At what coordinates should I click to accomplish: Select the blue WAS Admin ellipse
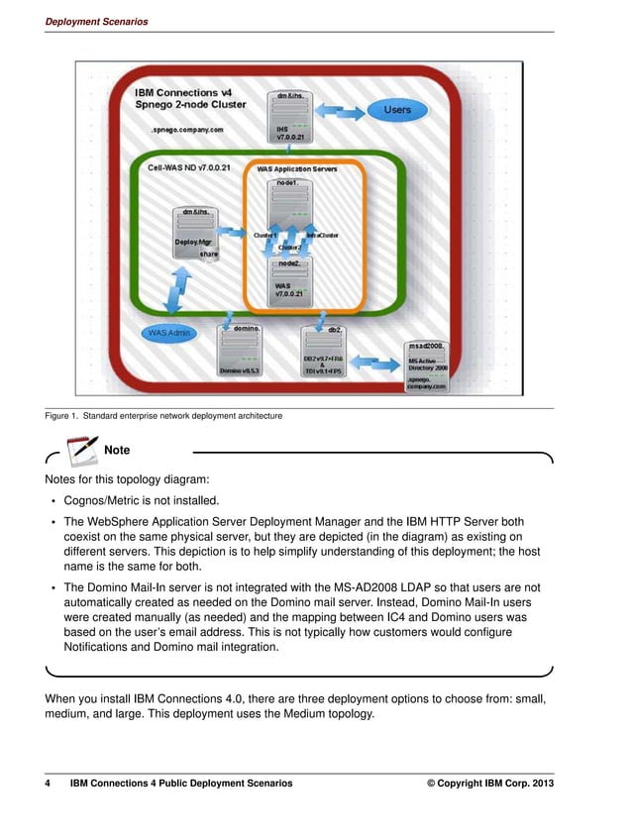[169, 333]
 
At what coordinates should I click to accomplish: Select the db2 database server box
[323, 351]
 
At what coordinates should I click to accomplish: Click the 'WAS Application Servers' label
[297, 169]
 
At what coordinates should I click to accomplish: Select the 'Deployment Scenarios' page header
[96, 22]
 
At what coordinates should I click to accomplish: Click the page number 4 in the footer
[48, 784]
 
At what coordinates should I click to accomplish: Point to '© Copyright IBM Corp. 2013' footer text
[489, 784]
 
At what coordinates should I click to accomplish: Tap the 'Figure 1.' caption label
[61, 416]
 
